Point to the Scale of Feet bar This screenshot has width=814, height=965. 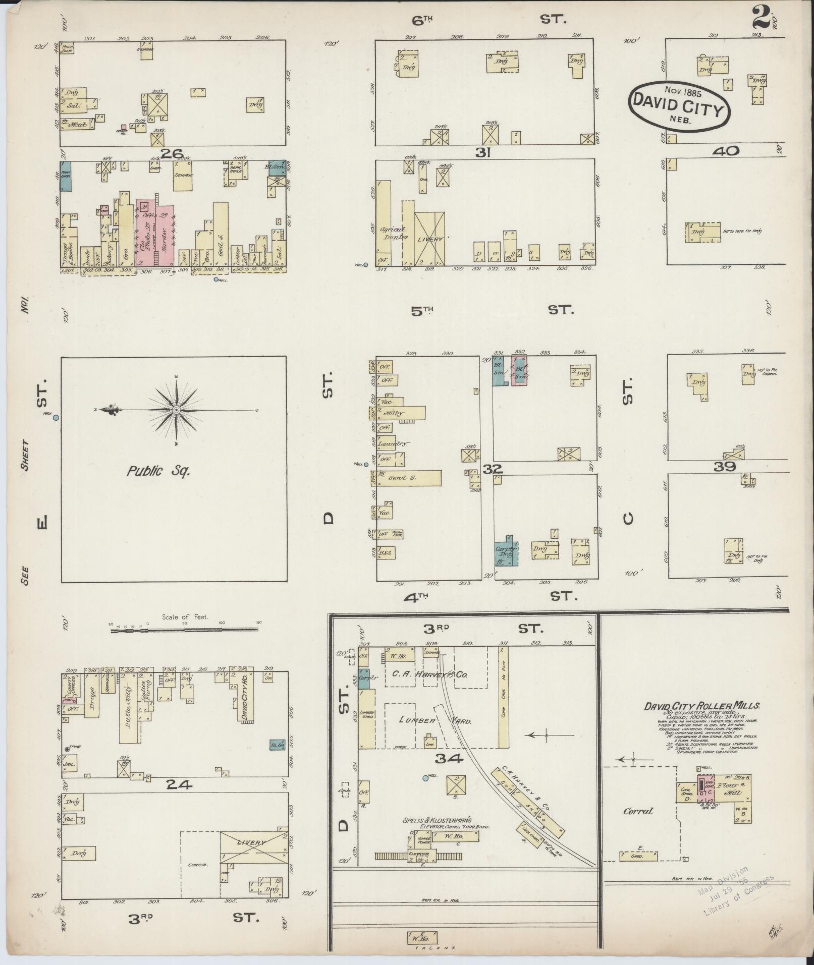(x=184, y=631)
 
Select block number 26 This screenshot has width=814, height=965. (x=170, y=152)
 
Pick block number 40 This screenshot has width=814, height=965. (x=726, y=150)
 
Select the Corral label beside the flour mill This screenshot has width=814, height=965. (x=638, y=811)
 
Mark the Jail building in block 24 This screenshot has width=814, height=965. (x=70, y=764)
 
